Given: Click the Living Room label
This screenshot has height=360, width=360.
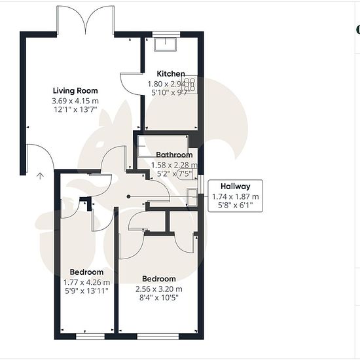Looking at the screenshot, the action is click(x=75, y=91).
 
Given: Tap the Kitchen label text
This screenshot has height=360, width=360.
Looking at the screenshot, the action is click(x=171, y=74).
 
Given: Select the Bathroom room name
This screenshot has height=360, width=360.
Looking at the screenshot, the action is click(x=174, y=154).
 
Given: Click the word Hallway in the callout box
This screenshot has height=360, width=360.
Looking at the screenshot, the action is click(x=236, y=186).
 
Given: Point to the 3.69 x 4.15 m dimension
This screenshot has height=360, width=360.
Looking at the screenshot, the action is click(x=75, y=101).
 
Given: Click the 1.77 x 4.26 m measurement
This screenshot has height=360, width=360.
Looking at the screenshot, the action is click(x=86, y=282).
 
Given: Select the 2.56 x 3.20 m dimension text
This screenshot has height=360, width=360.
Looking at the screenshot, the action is click(x=159, y=289).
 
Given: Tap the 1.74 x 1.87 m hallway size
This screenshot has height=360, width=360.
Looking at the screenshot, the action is click(x=236, y=196).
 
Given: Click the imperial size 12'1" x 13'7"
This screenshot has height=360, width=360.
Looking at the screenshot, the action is click(x=75, y=109).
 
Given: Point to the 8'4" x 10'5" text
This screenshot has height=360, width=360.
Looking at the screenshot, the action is click(x=159, y=298).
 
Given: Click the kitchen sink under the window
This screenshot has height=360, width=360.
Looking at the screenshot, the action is click(x=166, y=45).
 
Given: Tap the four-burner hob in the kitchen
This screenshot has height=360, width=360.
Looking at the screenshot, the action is click(x=190, y=84).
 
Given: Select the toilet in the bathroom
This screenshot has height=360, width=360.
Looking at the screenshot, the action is click(x=187, y=174).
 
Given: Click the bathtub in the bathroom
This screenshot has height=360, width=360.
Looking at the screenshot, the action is click(x=163, y=146).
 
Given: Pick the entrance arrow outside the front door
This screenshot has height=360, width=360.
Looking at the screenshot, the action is click(x=40, y=175).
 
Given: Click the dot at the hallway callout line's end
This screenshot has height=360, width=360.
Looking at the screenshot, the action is click(x=128, y=196).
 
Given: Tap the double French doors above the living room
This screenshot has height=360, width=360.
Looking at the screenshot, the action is click(x=85, y=21).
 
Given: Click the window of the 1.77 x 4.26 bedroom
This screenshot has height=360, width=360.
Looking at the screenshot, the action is click(x=90, y=336).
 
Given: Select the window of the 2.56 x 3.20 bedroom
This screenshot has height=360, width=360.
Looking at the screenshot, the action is click(x=158, y=336).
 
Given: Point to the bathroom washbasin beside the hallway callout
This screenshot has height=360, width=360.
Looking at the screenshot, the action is click(x=192, y=197).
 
